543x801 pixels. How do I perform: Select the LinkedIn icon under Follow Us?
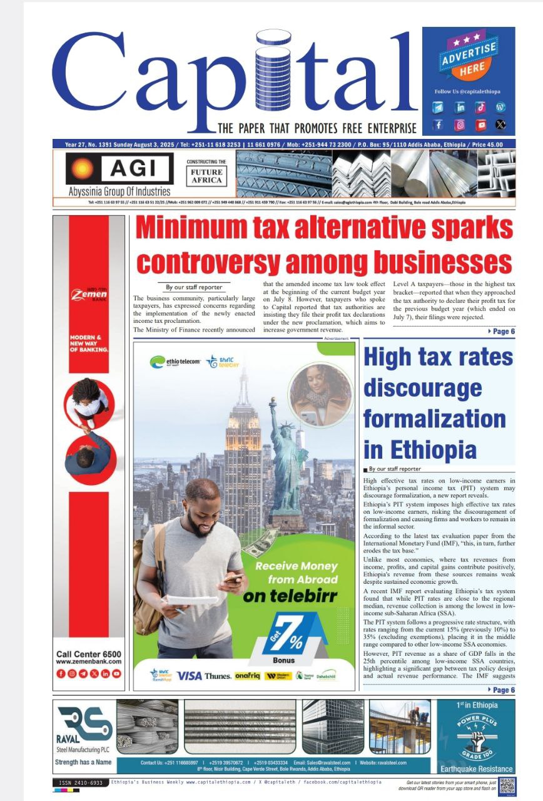(460, 107)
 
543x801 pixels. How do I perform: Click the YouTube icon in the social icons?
(480, 125)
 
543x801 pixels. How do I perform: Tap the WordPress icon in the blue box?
(500, 107)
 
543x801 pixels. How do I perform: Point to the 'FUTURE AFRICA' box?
(206, 176)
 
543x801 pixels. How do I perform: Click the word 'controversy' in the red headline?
(231, 260)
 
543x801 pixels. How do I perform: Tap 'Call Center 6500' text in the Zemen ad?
(89, 654)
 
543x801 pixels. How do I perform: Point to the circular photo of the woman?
(320, 394)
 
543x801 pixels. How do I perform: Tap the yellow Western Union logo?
(278, 676)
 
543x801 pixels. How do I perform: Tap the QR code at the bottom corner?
(507, 785)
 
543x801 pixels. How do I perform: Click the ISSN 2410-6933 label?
(81, 783)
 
